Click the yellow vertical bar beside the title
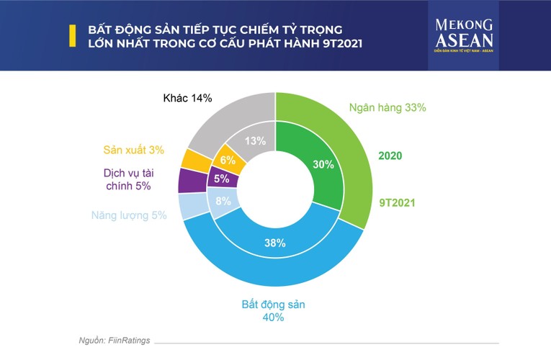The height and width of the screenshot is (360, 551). (71, 36)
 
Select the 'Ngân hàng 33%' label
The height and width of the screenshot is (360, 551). (388, 107)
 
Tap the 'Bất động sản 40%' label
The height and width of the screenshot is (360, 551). (273, 310)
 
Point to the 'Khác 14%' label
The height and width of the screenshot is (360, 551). (187, 99)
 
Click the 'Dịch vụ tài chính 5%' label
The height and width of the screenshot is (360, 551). (129, 179)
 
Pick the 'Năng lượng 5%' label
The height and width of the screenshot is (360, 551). (129, 215)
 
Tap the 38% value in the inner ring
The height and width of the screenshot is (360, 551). (275, 243)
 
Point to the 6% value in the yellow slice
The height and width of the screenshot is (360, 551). (228, 161)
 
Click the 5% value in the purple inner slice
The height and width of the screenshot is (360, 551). (221, 179)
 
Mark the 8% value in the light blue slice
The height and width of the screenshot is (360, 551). (223, 202)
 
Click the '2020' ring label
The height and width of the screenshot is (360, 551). (390, 156)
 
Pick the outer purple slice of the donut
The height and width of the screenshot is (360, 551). (188, 180)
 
